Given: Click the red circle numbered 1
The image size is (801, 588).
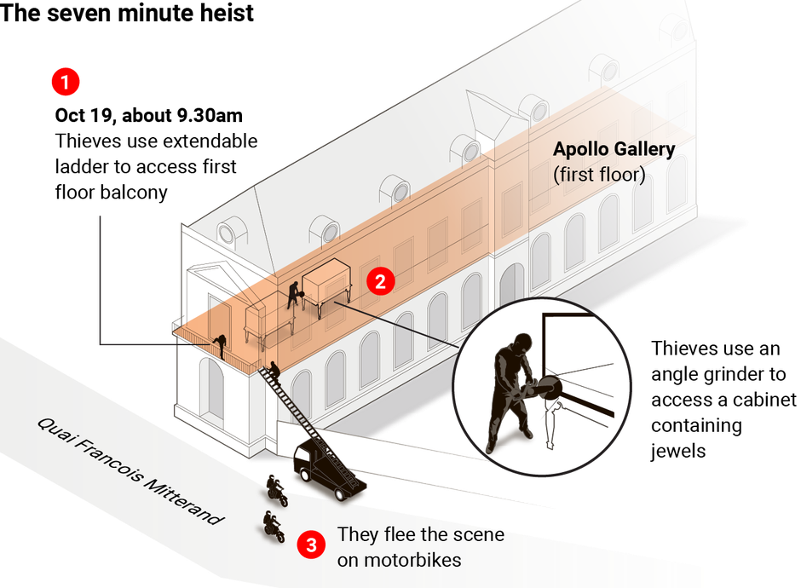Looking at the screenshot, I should click(65, 83).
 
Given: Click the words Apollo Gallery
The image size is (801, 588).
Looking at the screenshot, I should click(614, 150).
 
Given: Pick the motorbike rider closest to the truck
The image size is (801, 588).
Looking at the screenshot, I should click(275, 488).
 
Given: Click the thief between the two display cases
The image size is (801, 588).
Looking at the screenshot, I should click(295, 293).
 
